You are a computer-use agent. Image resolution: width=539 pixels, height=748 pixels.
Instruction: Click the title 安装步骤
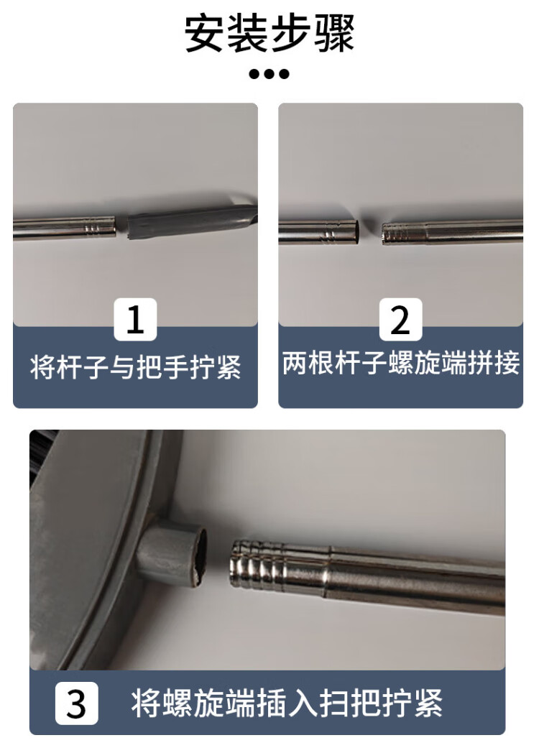(x=269, y=34)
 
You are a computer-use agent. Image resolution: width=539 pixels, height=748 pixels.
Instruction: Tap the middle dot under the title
(x=269, y=74)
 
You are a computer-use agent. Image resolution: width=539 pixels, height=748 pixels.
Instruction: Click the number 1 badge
(x=135, y=319)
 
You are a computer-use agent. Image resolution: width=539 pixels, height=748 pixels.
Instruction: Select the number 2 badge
(x=400, y=319)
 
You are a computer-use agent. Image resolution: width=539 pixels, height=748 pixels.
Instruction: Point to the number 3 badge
(x=76, y=703)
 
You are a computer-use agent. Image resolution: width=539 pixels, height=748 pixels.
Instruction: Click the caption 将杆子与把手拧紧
(x=135, y=367)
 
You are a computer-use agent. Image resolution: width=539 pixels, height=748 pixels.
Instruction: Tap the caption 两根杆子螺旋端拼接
(x=401, y=363)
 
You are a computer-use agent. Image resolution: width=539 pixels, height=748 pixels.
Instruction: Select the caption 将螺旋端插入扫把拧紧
(x=287, y=703)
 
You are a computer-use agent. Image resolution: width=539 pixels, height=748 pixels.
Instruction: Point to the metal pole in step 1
(x=65, y=228)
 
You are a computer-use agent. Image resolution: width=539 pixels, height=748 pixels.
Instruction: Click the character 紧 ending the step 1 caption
(x=229, y=367)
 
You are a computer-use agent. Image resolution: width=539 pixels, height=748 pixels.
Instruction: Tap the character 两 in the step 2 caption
(x=295, y=363)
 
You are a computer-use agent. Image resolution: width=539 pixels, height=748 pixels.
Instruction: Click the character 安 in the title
(x=205, y=34)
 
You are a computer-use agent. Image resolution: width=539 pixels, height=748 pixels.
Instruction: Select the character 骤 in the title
(x=335, y=34)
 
